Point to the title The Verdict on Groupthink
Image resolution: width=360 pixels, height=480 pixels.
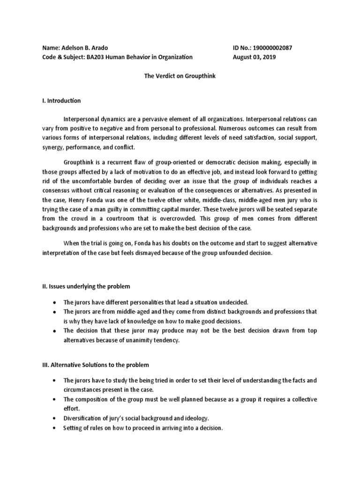(179, 76)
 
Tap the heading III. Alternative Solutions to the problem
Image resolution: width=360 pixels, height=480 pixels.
(97, 365)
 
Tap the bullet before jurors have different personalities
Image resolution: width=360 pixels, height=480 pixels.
(56, 303)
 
